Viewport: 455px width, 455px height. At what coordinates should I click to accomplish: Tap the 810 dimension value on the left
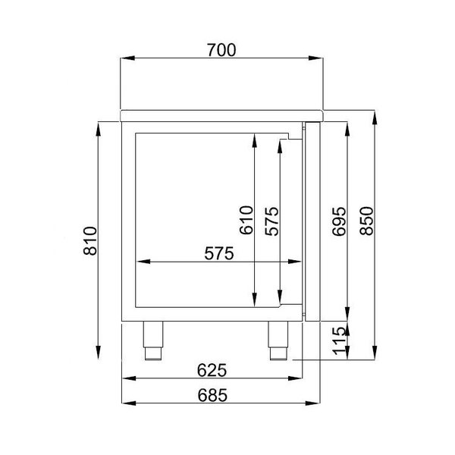click(x=89, y=241)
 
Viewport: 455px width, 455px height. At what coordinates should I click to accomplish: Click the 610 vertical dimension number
click(x=243, y=220)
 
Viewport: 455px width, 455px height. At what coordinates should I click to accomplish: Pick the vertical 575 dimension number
click(x=271, y=220)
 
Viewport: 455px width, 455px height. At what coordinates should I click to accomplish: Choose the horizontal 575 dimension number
click(x=218, y=255)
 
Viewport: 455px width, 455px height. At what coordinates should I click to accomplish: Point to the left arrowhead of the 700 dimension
click(x=126, y=58)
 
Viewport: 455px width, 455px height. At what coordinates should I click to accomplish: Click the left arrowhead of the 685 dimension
click(x=127, y=403)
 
